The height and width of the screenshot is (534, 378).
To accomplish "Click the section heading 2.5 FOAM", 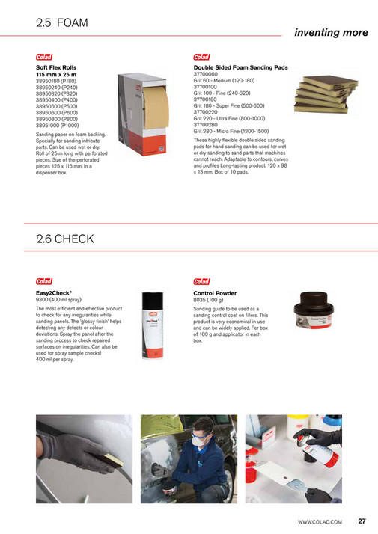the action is click(62, 23).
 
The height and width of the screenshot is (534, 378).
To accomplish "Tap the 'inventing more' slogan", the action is click(330, 33).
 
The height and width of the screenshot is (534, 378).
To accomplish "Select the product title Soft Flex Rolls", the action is click(56, 67).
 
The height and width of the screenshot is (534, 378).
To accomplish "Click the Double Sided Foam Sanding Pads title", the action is click(240, 67).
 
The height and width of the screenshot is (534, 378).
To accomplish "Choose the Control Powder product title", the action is click(215, 293).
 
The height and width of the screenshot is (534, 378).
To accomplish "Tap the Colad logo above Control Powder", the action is click(201, 283).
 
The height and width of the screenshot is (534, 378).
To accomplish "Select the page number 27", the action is click(362, 521).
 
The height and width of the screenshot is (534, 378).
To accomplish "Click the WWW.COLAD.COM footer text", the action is click(320, 521).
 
